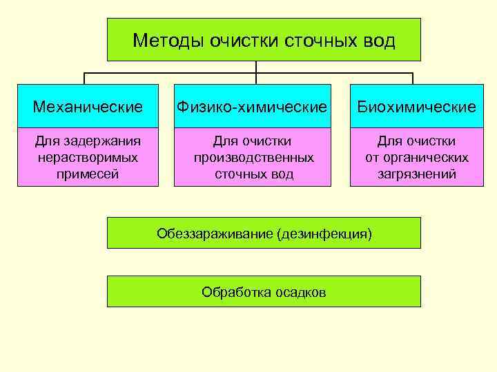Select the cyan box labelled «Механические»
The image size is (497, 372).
click(88, 107)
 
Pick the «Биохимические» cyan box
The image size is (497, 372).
click(416, 107)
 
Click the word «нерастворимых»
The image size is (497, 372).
click(88, 158)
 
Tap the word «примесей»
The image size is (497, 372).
click(88, 174)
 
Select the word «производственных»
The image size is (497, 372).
click(253, 158)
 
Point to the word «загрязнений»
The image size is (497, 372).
click(416, 174)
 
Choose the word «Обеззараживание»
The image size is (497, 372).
click(214, 234)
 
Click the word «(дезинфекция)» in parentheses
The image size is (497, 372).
click(324, 234)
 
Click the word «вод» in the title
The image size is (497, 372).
click(380, 41)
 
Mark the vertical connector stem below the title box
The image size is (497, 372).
click(256, 67)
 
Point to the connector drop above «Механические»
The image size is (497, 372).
click(85, 79)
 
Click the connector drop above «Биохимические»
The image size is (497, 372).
click(413, 79)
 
